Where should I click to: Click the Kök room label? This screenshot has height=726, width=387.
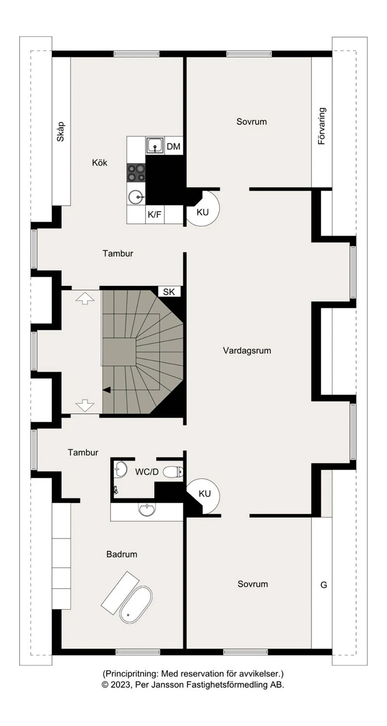click(99, 163)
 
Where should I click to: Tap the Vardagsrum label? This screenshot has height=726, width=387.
click(247, 351)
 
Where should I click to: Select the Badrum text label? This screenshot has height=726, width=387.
click(122, 554)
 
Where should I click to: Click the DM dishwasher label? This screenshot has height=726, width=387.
click(173, 147)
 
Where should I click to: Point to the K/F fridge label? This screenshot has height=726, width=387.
click(154, 214)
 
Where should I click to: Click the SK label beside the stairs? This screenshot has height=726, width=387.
click(169, 292)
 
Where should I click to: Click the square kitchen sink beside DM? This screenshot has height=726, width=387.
click(155, 146)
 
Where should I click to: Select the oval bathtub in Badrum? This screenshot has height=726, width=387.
click(136, 605)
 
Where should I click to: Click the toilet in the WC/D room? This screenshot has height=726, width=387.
click(173, 472)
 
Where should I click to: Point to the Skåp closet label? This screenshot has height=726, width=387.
click(60, 132)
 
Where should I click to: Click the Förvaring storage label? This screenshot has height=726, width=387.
click(322, 126)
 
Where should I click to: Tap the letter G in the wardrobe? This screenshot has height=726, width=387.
click(324, 585)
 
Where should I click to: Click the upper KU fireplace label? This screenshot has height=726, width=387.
click(202, 212)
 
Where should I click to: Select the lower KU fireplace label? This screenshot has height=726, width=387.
click(204, 494)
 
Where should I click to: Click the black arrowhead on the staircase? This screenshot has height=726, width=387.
click(107, 390)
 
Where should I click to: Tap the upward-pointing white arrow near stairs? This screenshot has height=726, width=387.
click(85, 298)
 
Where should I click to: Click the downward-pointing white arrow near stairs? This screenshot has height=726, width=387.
click(85, 405)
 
